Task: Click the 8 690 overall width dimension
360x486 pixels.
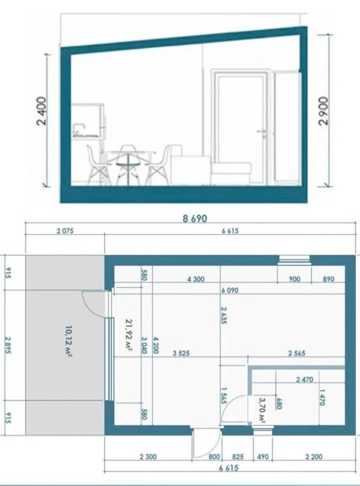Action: tap(194, 218)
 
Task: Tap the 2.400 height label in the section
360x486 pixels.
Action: tap(42, 111)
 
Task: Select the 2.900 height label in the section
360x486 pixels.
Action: tap(323, 111)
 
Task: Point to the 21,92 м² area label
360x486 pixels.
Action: tap(129, 335)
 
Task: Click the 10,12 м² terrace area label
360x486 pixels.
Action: tap(69, 341)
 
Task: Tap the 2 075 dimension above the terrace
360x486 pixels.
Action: tap(65, 231)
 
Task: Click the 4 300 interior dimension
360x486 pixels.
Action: tap(196, 279)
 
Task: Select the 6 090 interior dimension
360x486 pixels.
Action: tap(230, 290)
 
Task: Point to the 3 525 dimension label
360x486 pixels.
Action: tap(181, 353)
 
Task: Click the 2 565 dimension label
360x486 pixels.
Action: tap(297, 353)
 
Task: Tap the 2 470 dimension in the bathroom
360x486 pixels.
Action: tap(304, 379)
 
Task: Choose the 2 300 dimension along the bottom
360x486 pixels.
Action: tap(148, 457)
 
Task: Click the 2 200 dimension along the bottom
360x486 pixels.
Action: tap(314, 457)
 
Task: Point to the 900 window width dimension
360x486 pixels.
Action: tap(294, 279)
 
